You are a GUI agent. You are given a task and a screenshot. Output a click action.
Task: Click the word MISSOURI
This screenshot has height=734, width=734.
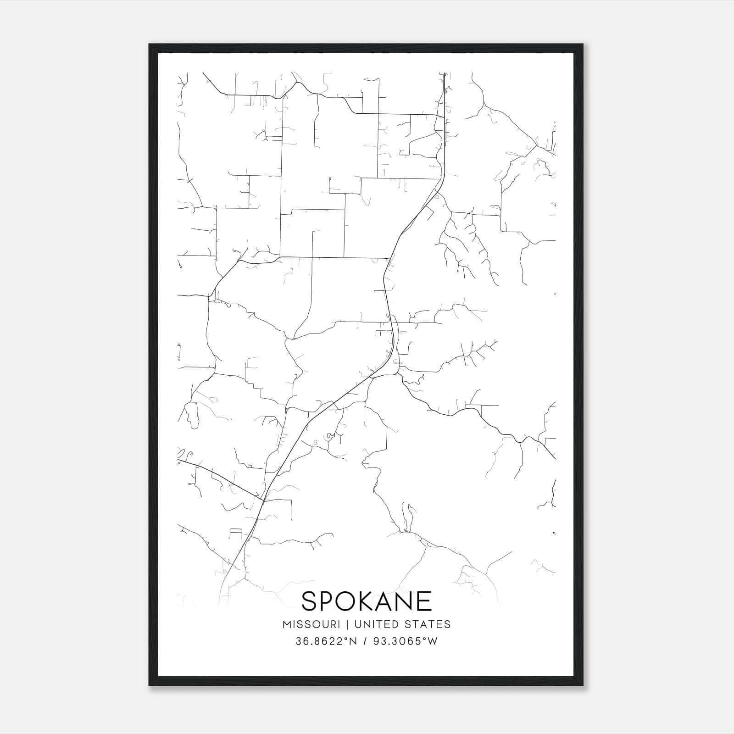(311, 624)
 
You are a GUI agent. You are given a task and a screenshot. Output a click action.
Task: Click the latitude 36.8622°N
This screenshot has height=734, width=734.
(326, 641)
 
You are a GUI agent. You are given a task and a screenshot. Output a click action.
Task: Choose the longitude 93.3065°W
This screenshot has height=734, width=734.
(405, 641)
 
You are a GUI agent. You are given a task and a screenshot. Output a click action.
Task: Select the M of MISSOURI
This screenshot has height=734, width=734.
(287, 624)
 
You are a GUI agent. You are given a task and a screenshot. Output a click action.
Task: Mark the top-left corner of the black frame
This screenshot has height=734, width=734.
(150, 44)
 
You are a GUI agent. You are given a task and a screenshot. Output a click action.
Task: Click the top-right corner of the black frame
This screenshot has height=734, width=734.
(583, 44)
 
